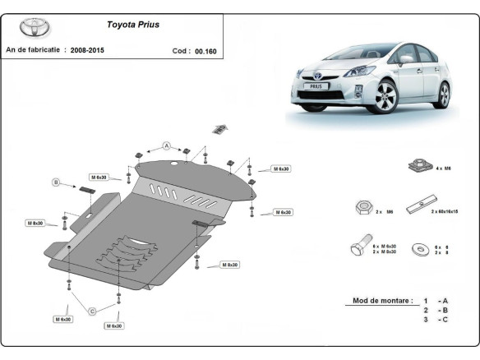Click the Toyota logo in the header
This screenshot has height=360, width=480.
(x=35, y=27)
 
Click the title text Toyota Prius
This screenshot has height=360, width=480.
(x=134, y=25)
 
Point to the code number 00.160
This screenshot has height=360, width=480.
(x=205, y=50)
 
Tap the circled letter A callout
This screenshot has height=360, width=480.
(x=166, y=145)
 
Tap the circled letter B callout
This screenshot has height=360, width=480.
(x=56, y=182)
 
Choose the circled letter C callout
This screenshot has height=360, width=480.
(x=92, y=310)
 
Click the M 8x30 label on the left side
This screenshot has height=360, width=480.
(x=36, y=223)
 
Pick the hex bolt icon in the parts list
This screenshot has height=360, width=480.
(x=359, y=247)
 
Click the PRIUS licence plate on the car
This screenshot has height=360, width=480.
(x=317, y=85)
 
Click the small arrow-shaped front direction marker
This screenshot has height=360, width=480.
(x=219, y=127)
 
